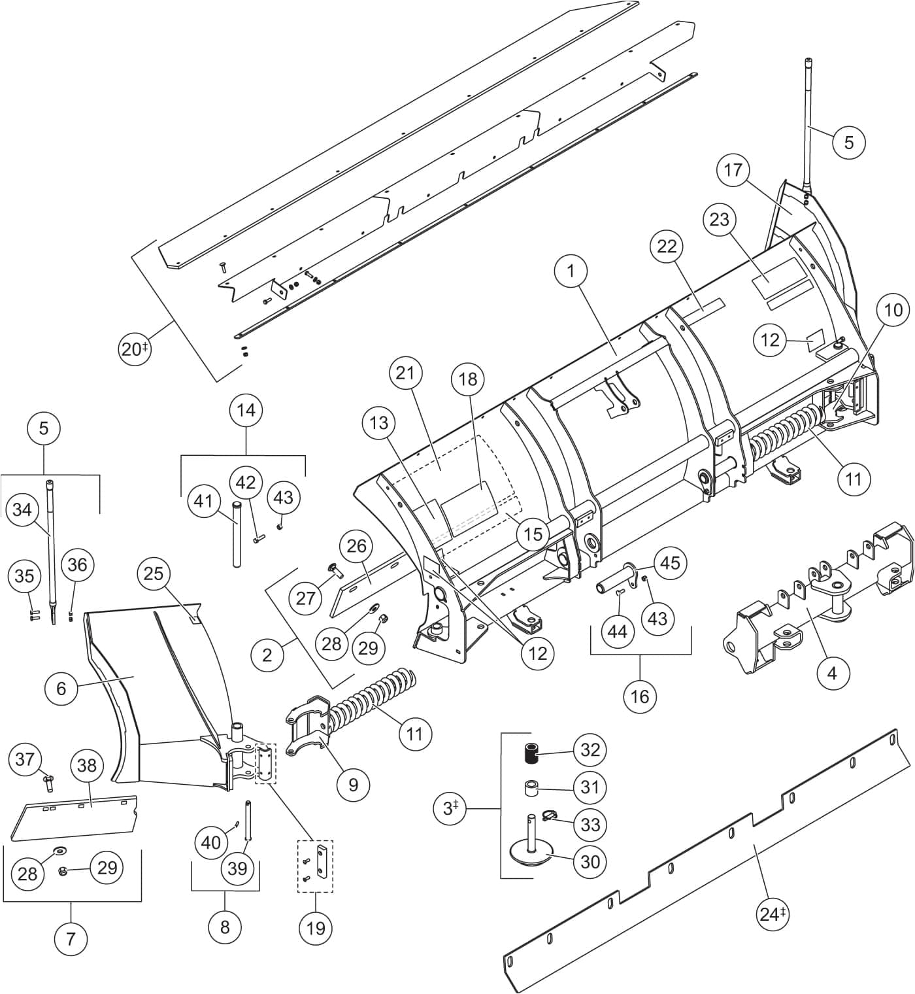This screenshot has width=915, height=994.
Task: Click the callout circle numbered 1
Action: click(x=571, y=271)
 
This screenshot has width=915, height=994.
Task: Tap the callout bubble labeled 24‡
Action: click(x=772, y=914)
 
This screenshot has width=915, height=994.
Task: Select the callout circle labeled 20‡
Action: click(x=135, y=349)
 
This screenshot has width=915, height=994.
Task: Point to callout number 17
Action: click(x=733, y=170)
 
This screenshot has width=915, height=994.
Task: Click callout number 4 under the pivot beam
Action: click(x=832, y=672)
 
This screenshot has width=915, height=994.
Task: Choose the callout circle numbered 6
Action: click(x=61, y=688)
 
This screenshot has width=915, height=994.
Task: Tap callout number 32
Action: click(x=590, y=749)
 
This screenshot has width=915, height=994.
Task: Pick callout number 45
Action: click(x=670, y=562)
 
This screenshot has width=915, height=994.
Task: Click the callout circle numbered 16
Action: click(x=640, y=696)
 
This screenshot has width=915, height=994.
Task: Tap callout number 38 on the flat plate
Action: click(x=87, y=765)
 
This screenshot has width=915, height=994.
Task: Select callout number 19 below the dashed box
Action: click(x=316, y=927)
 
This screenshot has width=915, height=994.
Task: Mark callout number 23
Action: click(x=720, y=219)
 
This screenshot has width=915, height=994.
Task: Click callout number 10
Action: click(x=893, y=310)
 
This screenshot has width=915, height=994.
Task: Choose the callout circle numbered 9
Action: click(x=354, y=784)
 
